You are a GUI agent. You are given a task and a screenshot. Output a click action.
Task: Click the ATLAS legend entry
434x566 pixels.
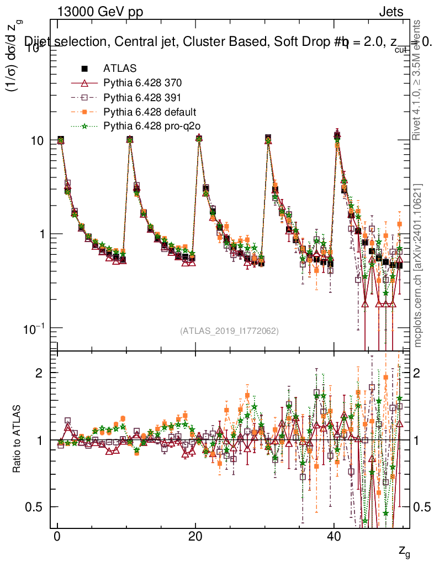pyautogui.click(x=117, y=69)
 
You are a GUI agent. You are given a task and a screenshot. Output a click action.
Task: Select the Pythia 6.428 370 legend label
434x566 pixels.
pyautogui.click(x=142, y=83)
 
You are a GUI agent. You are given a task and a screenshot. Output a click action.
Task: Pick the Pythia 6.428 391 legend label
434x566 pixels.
pyautogui.click(x=142, y=98)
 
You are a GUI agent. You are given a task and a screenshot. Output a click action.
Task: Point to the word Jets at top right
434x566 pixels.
pyautogui.click(x=390, y=12)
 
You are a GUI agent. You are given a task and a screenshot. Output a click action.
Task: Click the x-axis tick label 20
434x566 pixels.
pyautogui.click(x=195, y=538)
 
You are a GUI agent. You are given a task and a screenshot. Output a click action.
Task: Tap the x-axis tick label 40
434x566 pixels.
pyautogui.click(x=333, y=538)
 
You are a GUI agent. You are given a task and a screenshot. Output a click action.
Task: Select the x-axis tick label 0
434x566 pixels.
pyautogui.click(x=57, y=538)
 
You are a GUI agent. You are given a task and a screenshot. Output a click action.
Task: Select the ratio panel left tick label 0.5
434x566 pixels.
pyautogui.click(x=34, y=507)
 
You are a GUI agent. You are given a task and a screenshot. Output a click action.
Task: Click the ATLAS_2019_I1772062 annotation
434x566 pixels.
pyautogui.click(x=229, y=331)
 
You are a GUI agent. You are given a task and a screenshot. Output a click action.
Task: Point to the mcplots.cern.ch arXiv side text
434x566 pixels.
pyautogui.click(x=418, y=265)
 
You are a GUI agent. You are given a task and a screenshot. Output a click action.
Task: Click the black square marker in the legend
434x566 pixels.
pyautogui.click(x=85, y=69)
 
